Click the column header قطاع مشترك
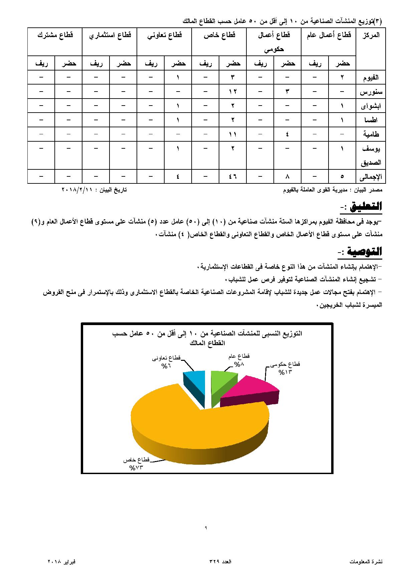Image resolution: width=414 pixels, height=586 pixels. point(55,35)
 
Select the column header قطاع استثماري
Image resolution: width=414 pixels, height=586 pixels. point(110,35)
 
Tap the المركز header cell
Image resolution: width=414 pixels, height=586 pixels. point(371,35)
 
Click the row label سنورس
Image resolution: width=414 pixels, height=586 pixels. point(371,92)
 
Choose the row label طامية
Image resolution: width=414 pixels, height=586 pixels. point(371,134)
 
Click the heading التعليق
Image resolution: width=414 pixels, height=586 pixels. point(366,206)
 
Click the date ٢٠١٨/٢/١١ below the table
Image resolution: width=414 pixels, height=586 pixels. point(77,190)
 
